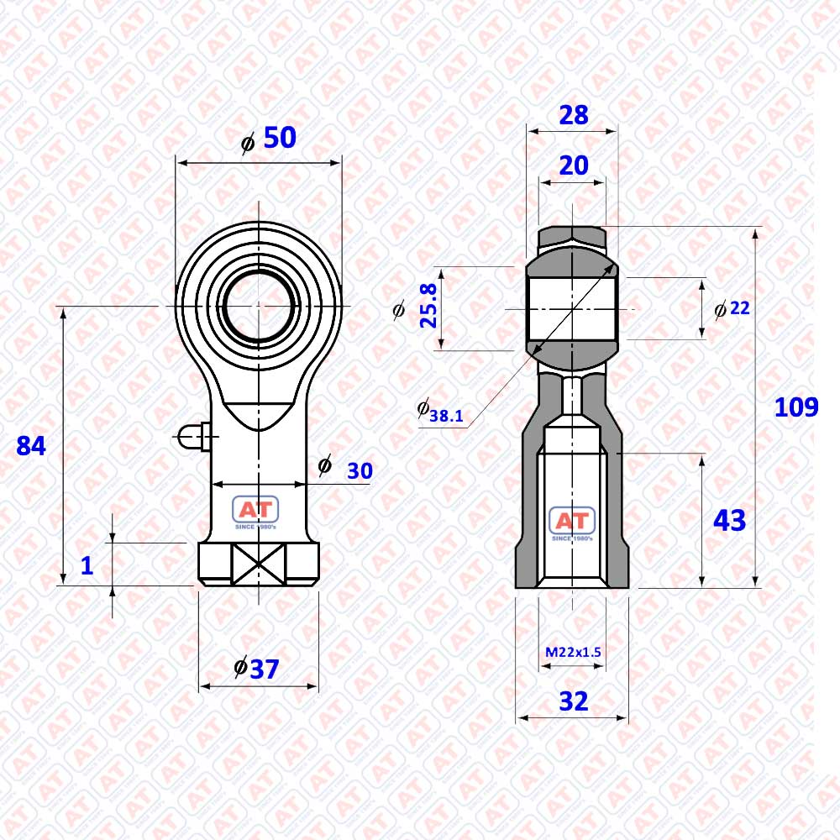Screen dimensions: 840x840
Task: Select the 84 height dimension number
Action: (x=31, y=446)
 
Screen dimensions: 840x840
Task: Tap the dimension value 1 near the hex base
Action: (x=87, y=565)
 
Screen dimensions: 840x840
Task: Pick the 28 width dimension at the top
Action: (x=573, y=115)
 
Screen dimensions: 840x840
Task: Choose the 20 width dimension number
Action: (x=573, y=165)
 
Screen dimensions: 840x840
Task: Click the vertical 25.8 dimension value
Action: (x=428, y=306)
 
